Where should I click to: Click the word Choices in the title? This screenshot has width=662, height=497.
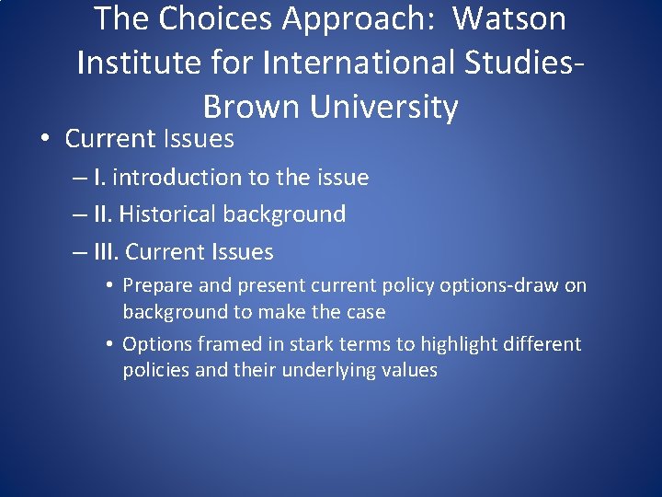pyautogui.click(x=213, y=18)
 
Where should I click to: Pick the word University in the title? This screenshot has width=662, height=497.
pyautogui.click(x=383, y=107)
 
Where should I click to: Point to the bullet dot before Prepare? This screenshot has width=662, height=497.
pyautogui.click(x=108, y=285)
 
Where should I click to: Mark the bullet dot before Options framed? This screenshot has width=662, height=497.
pyautogui.click(x=108, y=344)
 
